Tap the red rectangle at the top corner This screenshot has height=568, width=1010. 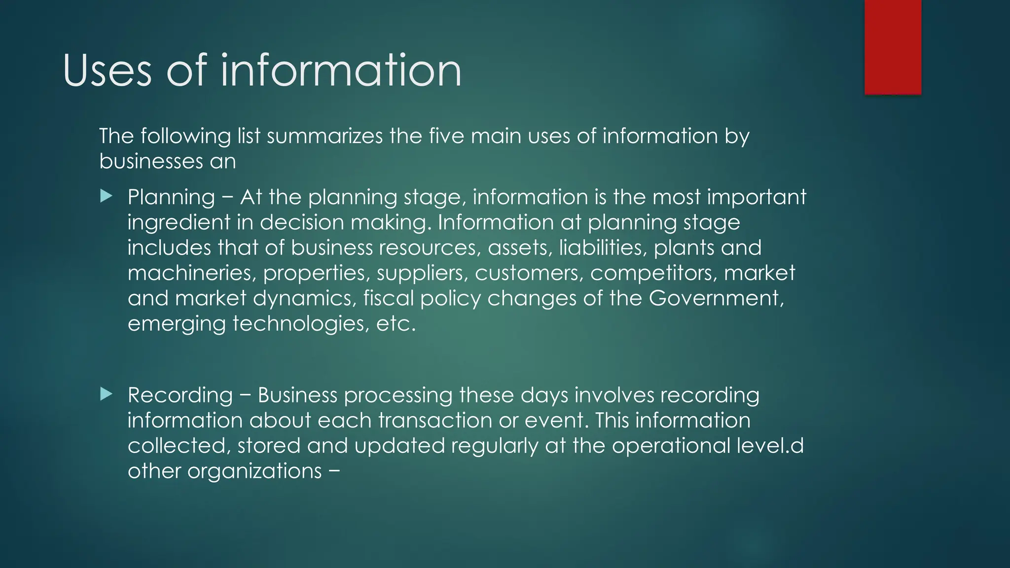[893, 47]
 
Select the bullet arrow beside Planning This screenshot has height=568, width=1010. [106, 197]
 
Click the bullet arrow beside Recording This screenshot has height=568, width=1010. [106, 394]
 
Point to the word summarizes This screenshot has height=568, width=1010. [325, 136]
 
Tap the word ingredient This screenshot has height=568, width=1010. [179, 223]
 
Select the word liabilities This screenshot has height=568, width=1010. [602, 248]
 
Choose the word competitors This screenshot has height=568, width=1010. [653, 273]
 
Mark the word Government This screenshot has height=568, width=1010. [716, 298]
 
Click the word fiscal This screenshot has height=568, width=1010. [389, 298]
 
